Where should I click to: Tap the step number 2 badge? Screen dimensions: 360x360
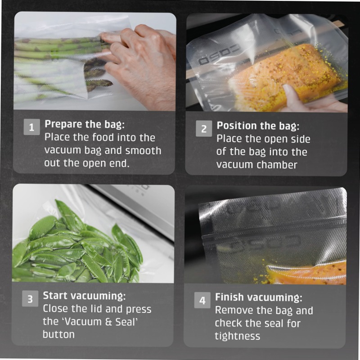point(203,129)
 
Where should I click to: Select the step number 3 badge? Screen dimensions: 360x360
point(30,299)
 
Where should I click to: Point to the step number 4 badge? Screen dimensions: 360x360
point(202,300)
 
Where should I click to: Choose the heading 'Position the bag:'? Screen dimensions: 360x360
point(258,126)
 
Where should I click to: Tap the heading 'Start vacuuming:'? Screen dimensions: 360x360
point(84,296)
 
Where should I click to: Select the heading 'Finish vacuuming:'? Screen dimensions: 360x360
point(258,297)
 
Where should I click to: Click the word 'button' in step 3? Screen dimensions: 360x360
point(58,334)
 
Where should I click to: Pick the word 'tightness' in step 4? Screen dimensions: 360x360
point(237,336)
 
